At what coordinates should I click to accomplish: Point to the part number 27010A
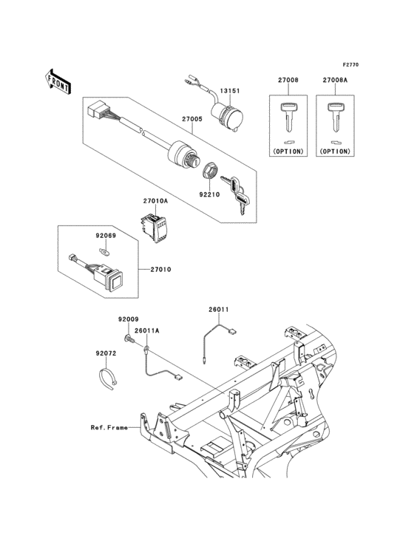point(155,200)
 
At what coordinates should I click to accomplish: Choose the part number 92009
point(128,319)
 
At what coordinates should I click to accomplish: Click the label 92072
point(105,354)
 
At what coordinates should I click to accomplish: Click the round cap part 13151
point(225,113)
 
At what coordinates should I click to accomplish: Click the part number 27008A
point(334,80)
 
